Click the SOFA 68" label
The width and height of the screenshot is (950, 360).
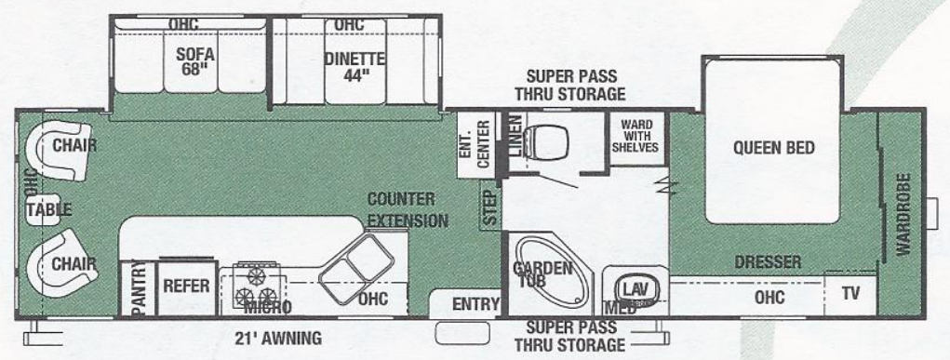(x=194, y=62)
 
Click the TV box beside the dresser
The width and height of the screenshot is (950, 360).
(x=850, y=295)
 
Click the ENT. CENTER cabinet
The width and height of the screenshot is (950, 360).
(x=475, y=143)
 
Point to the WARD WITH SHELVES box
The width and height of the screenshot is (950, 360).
(x=636, y=136)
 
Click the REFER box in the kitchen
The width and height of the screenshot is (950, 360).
(x=185, y=287)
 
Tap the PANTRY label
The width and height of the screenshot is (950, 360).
(x=137, y=289)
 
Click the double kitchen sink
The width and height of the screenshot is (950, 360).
(x=353, y=264)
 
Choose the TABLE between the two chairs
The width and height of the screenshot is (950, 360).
(x=48, y=209)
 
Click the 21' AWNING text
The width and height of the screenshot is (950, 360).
(x=277, y=338)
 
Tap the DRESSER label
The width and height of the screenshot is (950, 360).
(x=768, y=262)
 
